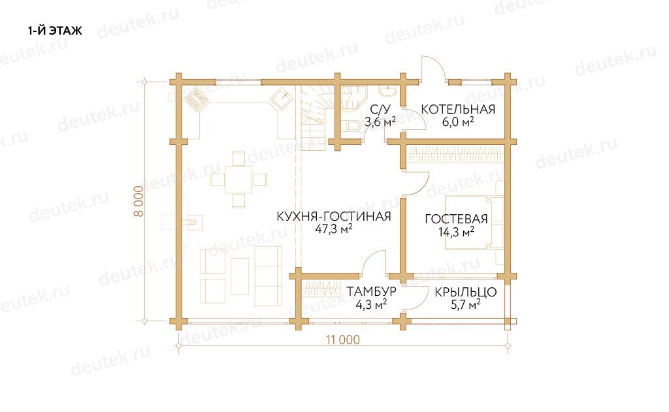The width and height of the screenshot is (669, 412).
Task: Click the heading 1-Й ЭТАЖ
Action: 55,31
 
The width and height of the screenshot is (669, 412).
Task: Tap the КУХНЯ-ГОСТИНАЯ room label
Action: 334,216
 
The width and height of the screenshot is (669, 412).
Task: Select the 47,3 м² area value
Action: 334,229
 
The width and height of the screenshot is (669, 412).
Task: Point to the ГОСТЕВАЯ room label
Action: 456,219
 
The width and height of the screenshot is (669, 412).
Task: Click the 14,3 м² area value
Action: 456,232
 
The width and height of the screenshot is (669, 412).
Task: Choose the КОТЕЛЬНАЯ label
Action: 458,109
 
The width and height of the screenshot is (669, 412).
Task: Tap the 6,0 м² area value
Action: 458,122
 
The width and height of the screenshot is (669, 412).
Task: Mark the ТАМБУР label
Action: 371,292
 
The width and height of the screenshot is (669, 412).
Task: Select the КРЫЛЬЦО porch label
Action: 465,292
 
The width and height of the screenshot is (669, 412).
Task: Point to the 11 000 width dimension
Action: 343,340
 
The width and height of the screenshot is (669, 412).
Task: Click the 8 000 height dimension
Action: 139,201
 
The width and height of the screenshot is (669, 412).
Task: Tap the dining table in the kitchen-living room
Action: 238,180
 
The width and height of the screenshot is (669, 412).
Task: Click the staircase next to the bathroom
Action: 314,118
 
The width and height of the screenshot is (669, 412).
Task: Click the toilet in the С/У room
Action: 353,125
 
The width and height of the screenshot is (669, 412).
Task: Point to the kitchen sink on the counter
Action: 282,99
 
